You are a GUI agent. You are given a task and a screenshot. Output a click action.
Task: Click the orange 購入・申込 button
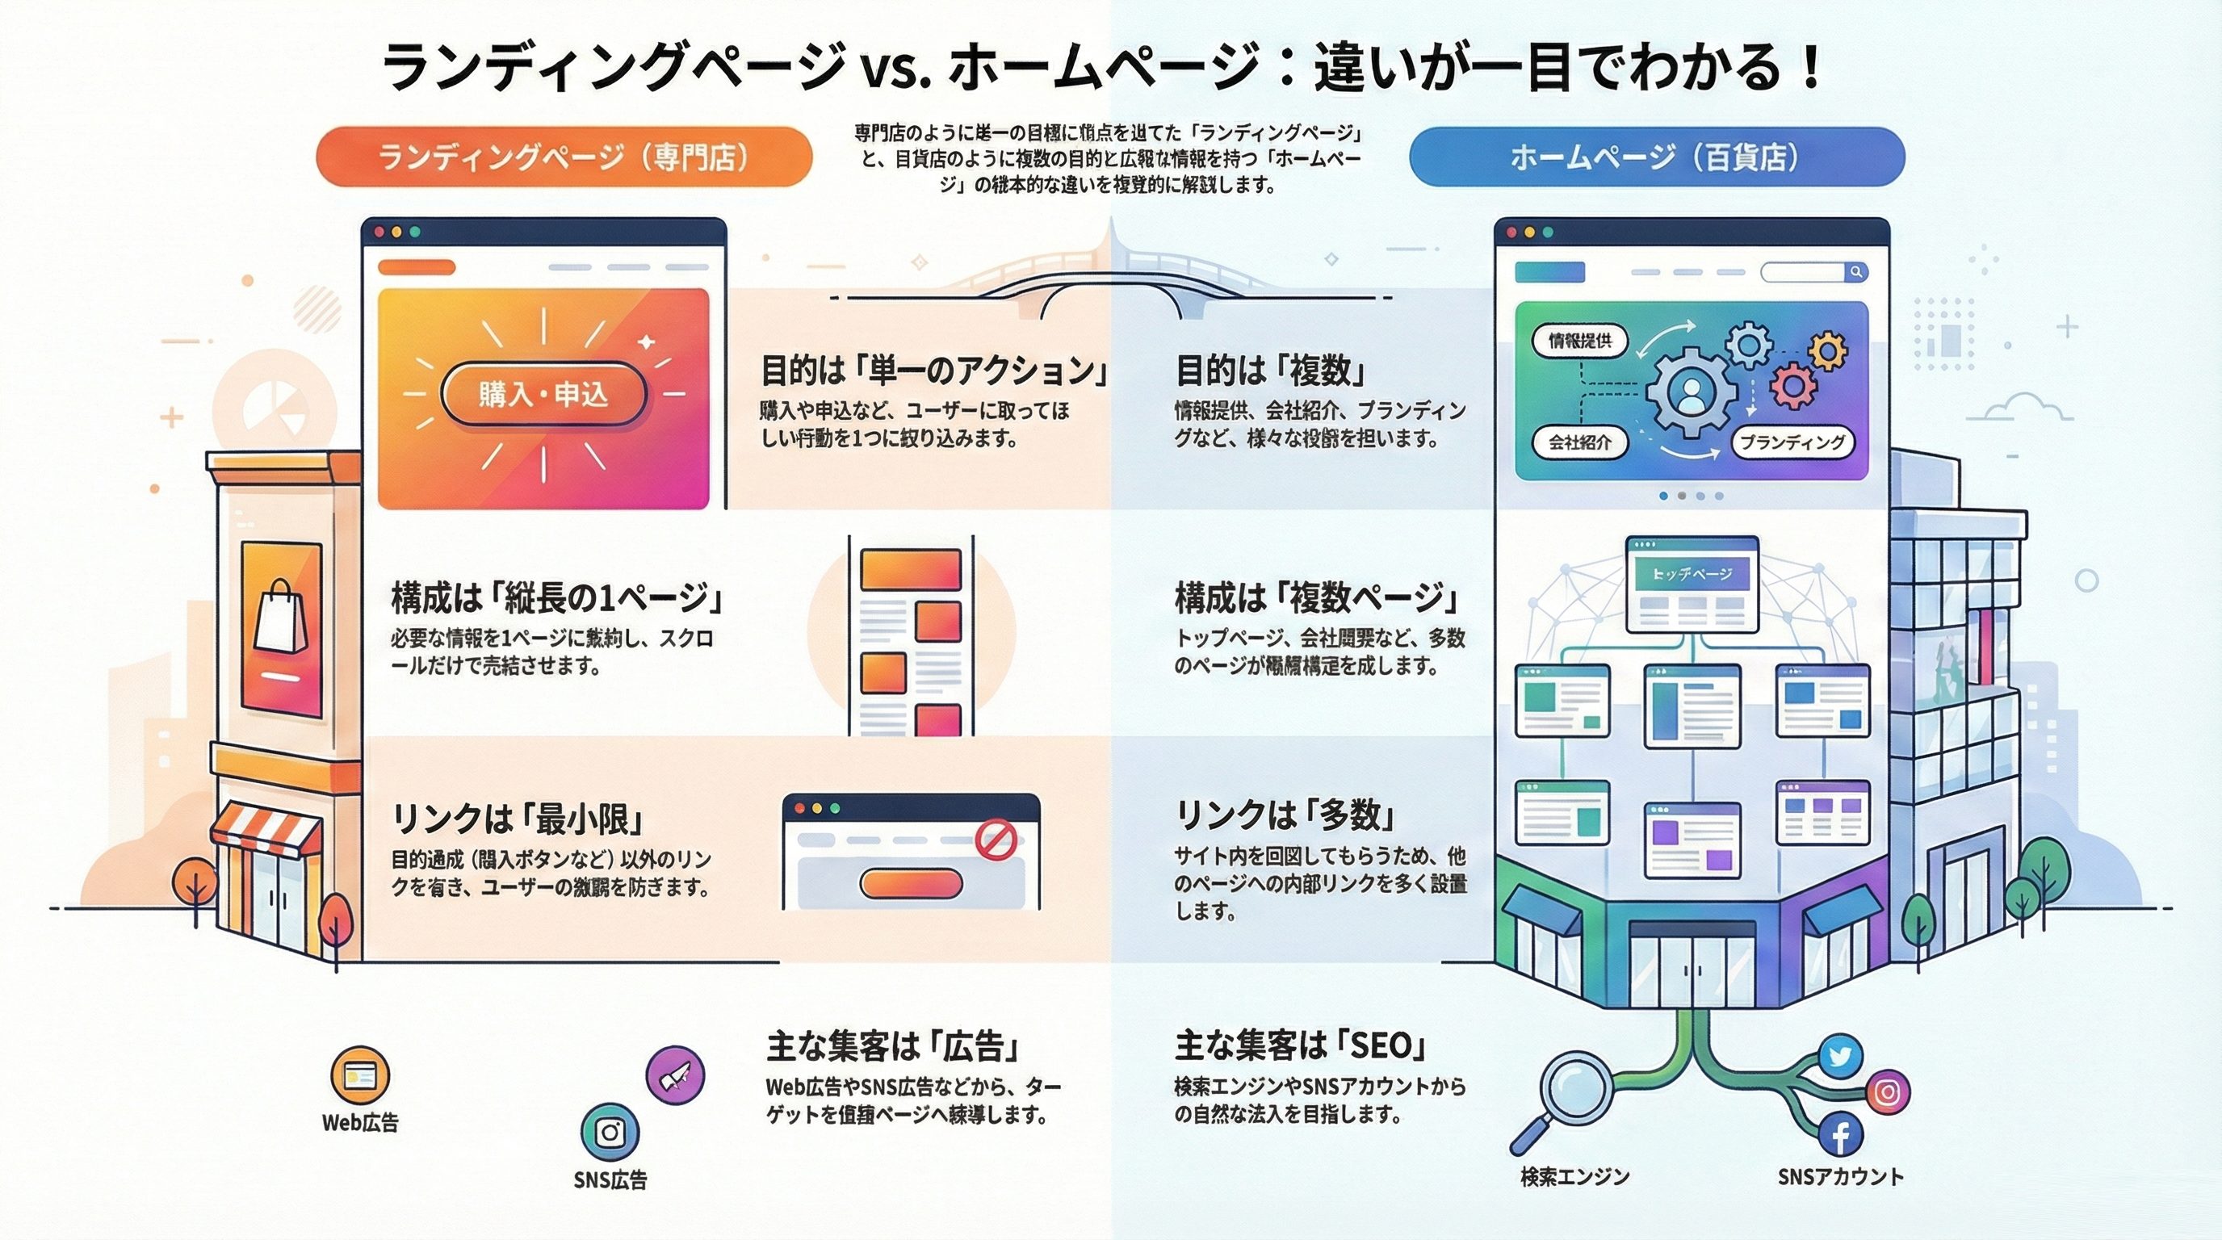point(543,394)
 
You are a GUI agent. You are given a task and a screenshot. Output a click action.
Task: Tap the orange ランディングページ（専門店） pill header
point(564,157)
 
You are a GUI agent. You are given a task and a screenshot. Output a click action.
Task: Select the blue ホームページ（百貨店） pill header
point(1656,157)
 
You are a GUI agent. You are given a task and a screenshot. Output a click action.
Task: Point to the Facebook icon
point(1839,1135)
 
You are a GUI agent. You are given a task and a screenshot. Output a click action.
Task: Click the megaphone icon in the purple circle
point(674,1075)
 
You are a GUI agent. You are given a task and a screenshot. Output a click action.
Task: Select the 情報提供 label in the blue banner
point(1579,341)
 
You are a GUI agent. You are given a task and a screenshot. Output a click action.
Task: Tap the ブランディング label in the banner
point(1792,442)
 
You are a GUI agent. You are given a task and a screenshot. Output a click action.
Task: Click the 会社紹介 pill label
point(1579,442)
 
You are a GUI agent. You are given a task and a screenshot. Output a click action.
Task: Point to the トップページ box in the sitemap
point(1692,574)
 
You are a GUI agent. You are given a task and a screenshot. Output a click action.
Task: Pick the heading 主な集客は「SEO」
point(1299,1046)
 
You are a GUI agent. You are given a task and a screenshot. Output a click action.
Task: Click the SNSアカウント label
point(1840,1176)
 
